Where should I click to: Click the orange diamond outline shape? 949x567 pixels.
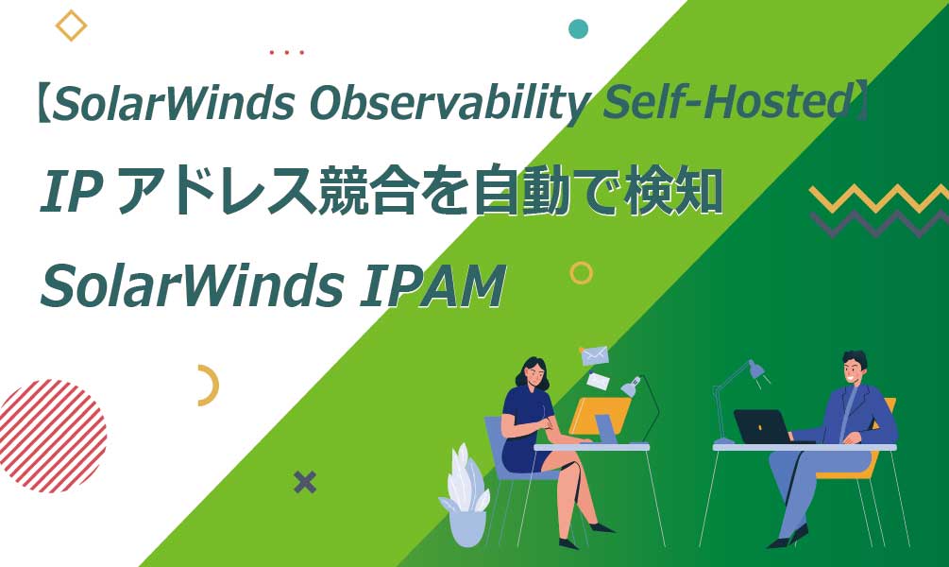tap(71, 26)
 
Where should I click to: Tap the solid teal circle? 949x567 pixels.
tap(579, 28)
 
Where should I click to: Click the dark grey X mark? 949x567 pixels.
tap(304, 483)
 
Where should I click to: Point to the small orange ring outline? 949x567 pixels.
tap(582, 273)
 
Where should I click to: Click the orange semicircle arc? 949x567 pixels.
tap(208, 386)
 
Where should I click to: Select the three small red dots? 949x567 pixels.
tap(286, 53)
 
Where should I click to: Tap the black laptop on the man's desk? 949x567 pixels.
tap(761, 426)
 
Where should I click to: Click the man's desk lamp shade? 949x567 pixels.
tap(755, 369)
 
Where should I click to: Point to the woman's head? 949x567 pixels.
tap(532, 371)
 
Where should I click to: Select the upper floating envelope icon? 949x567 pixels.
tap(595, 355)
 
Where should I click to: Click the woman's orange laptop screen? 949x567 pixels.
tap(601, 416)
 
